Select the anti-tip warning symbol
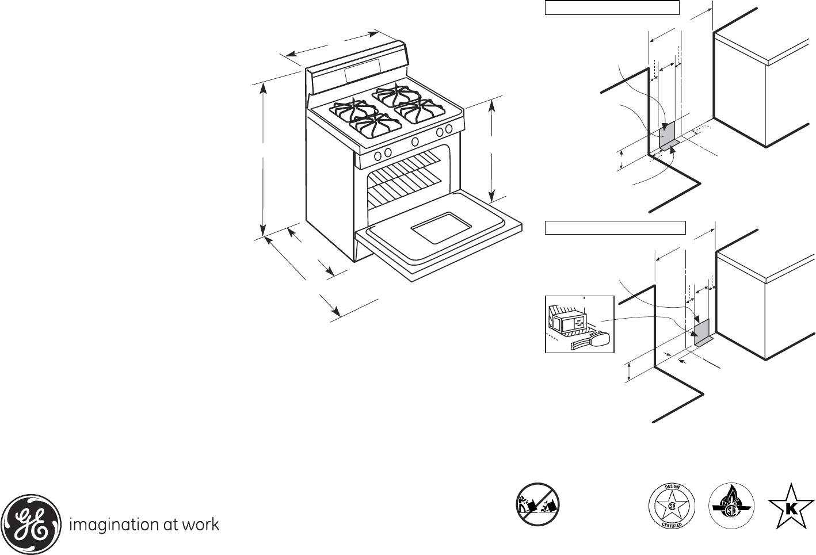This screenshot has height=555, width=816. pos(537,504)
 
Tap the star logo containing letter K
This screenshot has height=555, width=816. pos(791,506)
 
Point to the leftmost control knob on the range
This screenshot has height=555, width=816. pos(378,156)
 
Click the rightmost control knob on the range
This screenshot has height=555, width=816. pos(448,129)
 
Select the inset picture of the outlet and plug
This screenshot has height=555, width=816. pos(579,324)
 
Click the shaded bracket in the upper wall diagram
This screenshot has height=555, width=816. pos(666,136)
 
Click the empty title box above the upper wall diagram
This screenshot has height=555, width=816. pos(612,8)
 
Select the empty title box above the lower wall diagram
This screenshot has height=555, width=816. pos(615,227)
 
